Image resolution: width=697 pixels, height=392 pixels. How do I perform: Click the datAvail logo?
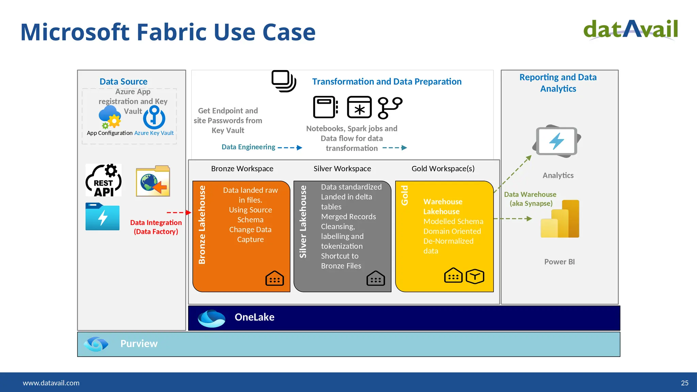coord(630,30)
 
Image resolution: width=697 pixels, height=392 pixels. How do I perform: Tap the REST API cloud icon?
coord(103,181)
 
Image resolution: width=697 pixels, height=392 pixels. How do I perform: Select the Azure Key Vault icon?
coord(154,117)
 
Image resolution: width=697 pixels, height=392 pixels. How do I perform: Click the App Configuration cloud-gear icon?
coord(110,117)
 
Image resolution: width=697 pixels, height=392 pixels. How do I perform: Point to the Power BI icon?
coord(560,219)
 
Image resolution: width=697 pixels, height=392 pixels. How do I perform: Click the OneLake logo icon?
coord(211,318)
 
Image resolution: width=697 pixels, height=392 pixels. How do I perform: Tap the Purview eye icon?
coord(96,344)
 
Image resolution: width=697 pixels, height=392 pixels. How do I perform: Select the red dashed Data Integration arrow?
coord(179,213)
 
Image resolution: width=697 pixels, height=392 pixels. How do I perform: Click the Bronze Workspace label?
coord(242,169)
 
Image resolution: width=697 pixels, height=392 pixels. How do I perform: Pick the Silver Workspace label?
coord(342,169)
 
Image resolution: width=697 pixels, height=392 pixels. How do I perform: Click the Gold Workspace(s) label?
coord(443,169)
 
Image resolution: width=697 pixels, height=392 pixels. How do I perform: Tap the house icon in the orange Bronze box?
coord(274,278)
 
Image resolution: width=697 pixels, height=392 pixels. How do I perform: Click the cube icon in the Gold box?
coord(475,276)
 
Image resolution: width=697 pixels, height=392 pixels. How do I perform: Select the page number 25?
coord(684,383)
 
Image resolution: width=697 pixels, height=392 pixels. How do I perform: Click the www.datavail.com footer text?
coord(51,383)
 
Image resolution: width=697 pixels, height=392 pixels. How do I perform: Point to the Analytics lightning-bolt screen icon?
coord(557,141)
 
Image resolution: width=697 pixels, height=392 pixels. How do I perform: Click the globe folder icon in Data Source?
coord(153,181)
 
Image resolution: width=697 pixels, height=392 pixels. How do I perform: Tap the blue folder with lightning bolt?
coord(102,217)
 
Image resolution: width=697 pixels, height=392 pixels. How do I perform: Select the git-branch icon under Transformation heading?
coord(390,108)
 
